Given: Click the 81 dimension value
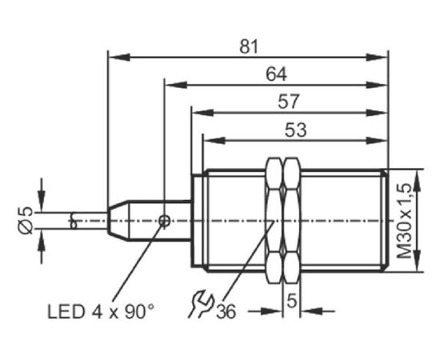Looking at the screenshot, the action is pos(249,47).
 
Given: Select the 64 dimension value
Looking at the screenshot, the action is pos(277,74).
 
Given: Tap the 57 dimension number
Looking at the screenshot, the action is pos(289,102).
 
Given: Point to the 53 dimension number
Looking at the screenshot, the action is pos(296,130).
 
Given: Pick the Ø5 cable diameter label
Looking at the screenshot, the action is pos(26,220).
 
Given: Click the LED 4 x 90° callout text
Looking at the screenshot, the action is pos(101,311).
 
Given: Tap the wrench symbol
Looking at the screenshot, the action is pos(201,304).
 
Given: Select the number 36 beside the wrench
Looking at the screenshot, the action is pos(226,311).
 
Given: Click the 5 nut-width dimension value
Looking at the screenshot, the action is pos(291,301).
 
